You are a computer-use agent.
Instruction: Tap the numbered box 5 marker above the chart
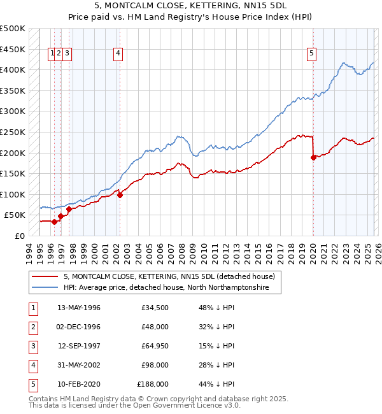coord(312,54)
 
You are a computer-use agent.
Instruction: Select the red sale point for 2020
coord(313,158)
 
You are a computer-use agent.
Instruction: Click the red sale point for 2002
coord(120,195)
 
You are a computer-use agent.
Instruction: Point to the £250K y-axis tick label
coord(13,132)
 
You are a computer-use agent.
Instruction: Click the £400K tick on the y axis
coord(13,69)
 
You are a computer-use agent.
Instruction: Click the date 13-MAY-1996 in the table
coord(79,308)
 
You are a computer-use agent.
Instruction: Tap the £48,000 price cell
coord(155,327)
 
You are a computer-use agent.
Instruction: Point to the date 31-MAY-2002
coord(79,365)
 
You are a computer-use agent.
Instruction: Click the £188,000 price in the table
coord(153,384)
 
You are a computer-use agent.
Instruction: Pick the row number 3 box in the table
coord(31,346)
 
